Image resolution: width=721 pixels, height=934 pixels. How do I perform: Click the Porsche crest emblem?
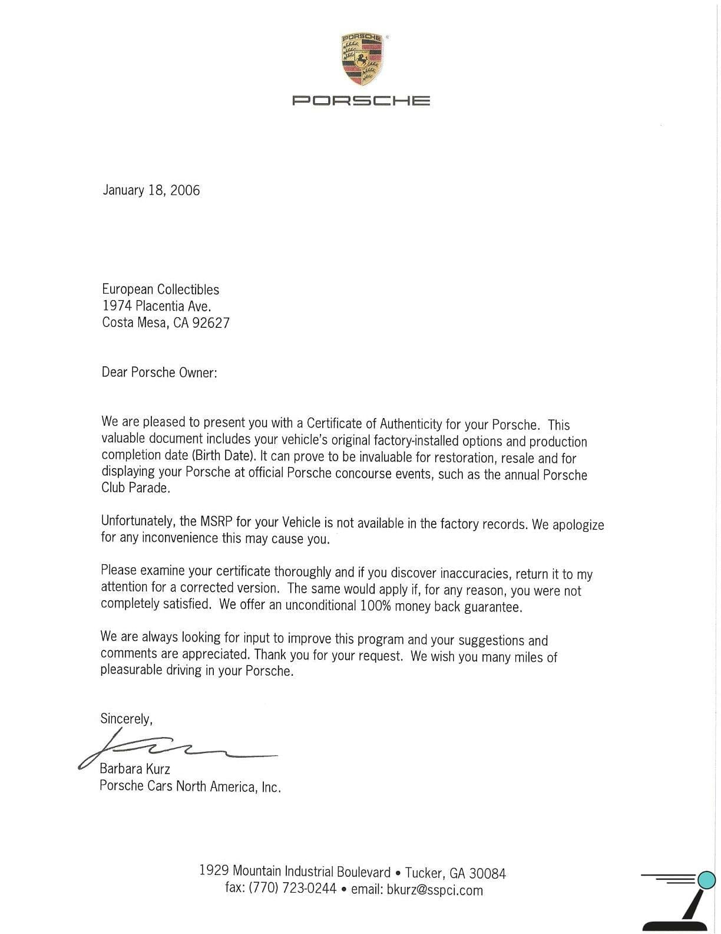pyautogui.click(x=361, y=58)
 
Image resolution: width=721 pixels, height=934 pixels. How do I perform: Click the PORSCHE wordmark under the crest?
pyautogui.click(x=361, y=100)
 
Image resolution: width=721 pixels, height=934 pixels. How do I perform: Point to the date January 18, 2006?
pyautogui.click(x=151, y=190)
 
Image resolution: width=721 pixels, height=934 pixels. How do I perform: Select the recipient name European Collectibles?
pyautogui.click(x=160, y=290)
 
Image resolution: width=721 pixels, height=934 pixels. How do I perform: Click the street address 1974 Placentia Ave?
pyautogui.click(x=156, y=306)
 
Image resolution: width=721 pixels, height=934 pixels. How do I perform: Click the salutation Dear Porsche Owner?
pyautogui.click(x=159, y=372)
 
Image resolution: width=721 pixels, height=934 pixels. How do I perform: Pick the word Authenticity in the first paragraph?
pyautogui.click(x=411, y=424)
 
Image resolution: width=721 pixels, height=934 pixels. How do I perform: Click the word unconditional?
pyautogui.click(x=320, y=605)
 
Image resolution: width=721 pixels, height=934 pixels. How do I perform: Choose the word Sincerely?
pyautogui.click(x=125, y=719)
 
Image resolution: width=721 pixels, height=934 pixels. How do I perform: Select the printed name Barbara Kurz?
pyautogui.click(x=135, y=769)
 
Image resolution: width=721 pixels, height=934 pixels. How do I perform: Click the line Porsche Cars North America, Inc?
pyautogui.click(x=190, y=786)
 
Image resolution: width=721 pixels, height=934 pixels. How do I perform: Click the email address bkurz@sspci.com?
pyautogui.click(x=435, y=890)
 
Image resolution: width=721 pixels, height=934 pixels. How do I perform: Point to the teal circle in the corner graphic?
pyautogui.click(x=706, y=880)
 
